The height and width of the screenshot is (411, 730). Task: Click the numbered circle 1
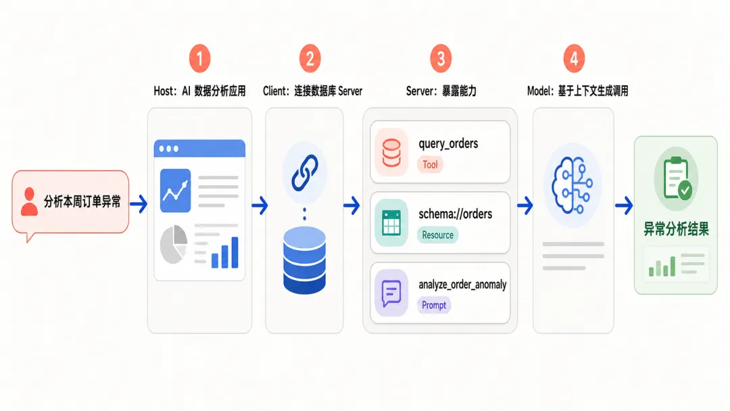tap(199, 59)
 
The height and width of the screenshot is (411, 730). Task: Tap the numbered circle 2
tap(310, 59)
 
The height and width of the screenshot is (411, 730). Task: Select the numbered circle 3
tap(441, 59)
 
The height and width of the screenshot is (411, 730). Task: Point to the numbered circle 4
tap(574, 59)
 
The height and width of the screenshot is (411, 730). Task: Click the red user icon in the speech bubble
tap(29, 201)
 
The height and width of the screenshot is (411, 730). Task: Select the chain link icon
tap(304, 172)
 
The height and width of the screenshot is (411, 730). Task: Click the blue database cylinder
tap(304, 260)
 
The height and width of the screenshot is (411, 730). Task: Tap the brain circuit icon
tap(573, 185)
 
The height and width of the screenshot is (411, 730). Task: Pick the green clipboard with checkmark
tap(677, 178)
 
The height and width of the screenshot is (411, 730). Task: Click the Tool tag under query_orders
tap(430, 164)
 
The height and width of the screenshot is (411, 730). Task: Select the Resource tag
tap(437, 235)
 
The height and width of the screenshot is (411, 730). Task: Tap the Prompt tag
tap(434, 306)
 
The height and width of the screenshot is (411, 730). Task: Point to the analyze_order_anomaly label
tap(462, 285)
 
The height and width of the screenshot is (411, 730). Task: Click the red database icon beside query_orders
tap(391, 153)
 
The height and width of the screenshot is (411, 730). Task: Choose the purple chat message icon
tap(391, 293)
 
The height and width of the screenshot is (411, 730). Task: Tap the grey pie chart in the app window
tap(174, 244)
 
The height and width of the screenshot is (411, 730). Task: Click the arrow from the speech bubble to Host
tap(139, 204)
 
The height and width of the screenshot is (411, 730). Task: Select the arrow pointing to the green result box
tap(624, 205)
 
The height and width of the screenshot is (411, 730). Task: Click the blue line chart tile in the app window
tap(176, 191)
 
